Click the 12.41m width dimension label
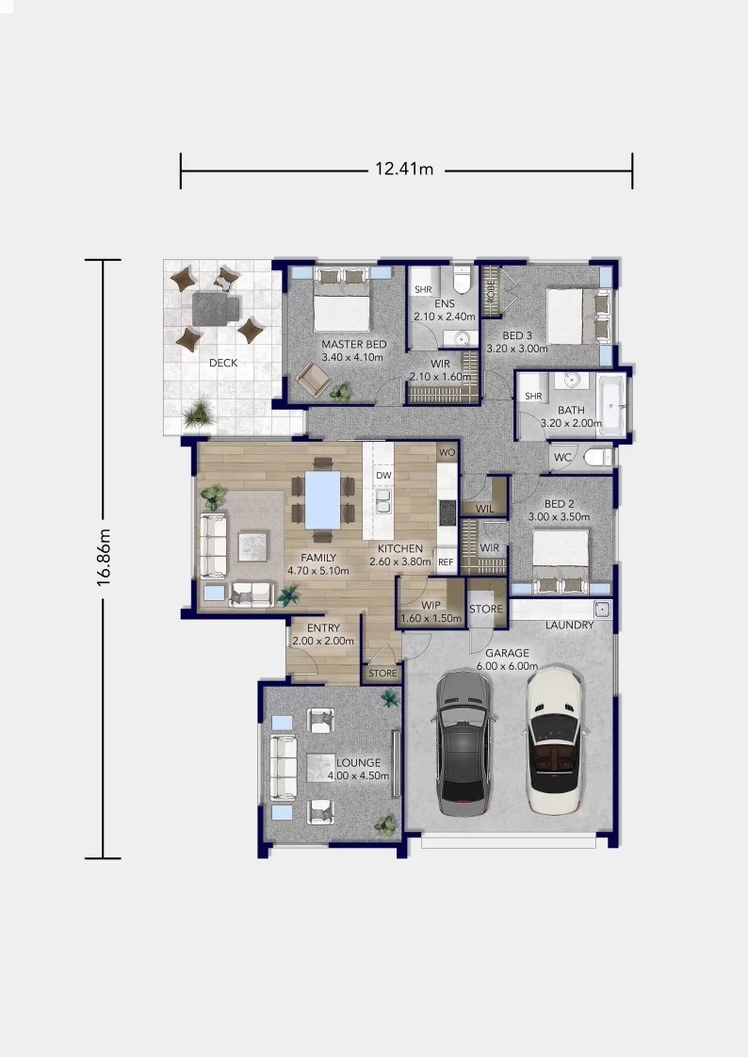coord(404,170)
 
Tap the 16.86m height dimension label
coord(104,558)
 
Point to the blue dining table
coord(323,499)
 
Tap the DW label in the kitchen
coord(383,475)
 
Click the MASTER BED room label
coord(354,344)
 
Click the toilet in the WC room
coord(597,458)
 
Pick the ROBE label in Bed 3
coord(491,290)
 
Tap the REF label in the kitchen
coord(446,561)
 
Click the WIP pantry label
coord(431,606)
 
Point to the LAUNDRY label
coord(569,625)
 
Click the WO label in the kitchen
coord(447,452)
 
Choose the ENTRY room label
coord(323,627)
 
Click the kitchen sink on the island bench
coord(383,501)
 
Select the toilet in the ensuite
coord(462,279)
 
